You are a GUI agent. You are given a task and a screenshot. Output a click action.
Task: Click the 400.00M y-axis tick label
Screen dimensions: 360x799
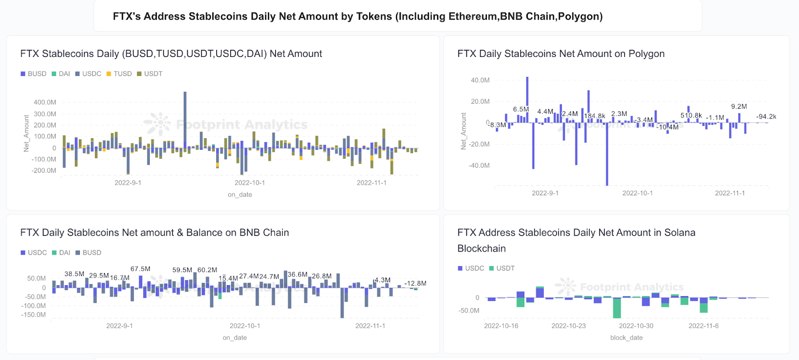(x=45, y=102)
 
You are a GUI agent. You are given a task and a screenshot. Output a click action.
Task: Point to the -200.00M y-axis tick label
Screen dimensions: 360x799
(x=44, y=170)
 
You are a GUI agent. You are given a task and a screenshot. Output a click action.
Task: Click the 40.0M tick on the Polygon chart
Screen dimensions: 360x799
(x=480, y=80)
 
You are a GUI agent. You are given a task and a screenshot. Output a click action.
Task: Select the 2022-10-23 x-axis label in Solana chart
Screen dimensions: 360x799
(x=568, y=326)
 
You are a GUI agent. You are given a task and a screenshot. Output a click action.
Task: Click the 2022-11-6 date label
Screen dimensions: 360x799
(x=703, y=326)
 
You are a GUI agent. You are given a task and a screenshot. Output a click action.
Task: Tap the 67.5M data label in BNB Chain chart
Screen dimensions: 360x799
(x=140, y=269)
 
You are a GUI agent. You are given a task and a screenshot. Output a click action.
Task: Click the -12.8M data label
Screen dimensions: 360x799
(x=415, y=283)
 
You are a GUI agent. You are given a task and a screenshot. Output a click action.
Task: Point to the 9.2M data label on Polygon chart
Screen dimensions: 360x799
(x=739, y=106)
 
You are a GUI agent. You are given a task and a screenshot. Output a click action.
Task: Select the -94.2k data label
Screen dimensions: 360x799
(x=766, y=116)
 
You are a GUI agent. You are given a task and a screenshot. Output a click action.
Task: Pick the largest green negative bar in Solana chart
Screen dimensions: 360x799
(x=617, y=308)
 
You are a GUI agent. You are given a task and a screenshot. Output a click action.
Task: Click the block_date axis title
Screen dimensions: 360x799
(x=626, y=338)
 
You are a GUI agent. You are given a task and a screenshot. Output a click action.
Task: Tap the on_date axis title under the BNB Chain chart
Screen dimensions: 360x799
(x=235, y=338)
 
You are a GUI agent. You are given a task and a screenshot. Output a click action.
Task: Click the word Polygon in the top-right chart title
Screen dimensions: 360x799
(x=646, y=53)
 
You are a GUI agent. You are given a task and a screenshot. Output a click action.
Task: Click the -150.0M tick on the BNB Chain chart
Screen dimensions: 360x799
(x=33, y=315)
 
